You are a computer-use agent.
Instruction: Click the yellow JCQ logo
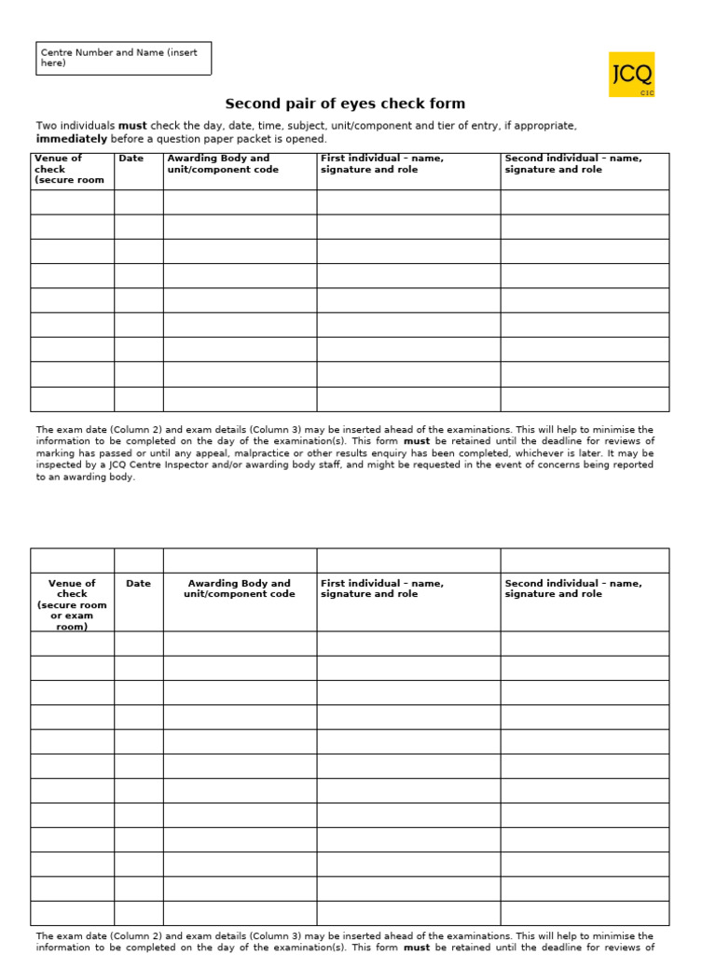[x=631, y=75]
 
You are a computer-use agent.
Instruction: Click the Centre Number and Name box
[x=123, y=58]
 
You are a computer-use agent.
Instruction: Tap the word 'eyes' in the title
[x=347, y=104]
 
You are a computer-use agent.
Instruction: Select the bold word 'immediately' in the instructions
[x=72, y=139]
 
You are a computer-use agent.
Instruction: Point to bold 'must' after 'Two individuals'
[x=132, y=126]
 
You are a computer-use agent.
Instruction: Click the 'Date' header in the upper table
[x=131, y=159]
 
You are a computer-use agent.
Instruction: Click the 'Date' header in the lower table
[x=138, y=584]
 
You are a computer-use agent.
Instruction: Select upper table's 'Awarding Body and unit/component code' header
[x=223, y=164]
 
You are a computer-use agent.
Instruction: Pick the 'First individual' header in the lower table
[x=381, y=588]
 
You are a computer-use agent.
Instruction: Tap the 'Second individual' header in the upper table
[x=572, y=164]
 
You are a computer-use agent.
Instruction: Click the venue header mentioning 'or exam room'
[x=72, y=604]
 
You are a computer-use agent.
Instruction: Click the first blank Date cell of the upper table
[x=138, y=202]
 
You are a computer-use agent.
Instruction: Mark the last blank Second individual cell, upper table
[x=584, y=399]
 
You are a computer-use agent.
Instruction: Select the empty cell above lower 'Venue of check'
[x=72, y=561]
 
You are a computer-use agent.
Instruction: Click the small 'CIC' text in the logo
[x=647, y=93]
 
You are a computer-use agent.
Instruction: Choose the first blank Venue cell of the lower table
[x=72, y=644]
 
